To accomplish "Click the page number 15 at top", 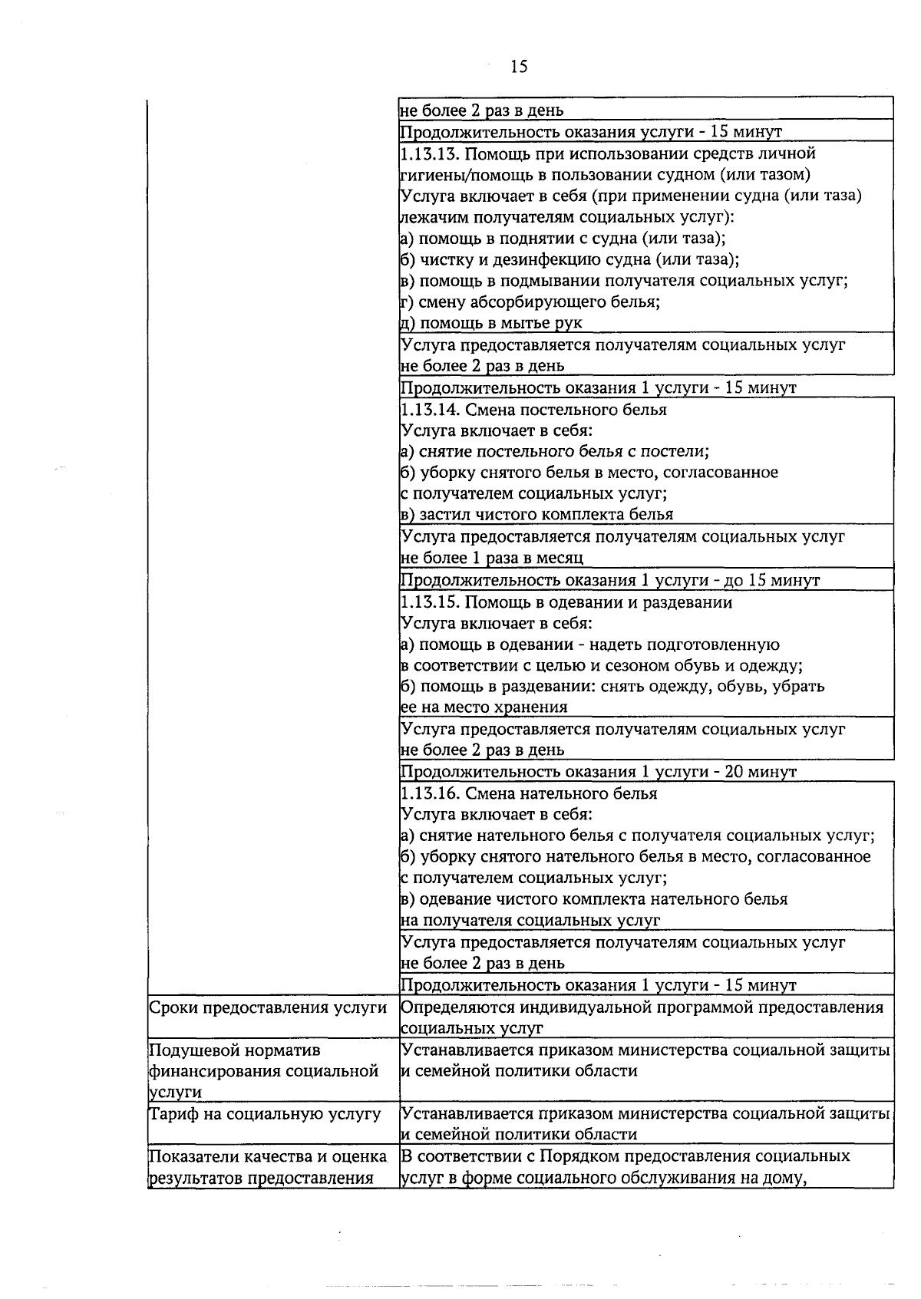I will tap(519, 67).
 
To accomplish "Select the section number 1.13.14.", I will tap(430, 410).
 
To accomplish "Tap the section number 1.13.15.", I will tap(430, 602).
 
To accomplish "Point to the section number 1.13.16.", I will tap(430, 794).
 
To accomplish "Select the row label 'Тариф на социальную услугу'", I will tap(264, 1114).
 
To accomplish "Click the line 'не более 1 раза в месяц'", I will tap(492, 558).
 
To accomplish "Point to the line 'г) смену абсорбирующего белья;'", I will tap(530, 302).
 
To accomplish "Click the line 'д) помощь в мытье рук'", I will tap(491, 323).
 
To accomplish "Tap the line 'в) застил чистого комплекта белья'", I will tap(536, 515).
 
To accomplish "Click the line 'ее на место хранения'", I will tap(484, 707).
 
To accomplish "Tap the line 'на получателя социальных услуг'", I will tap(530, 921).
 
